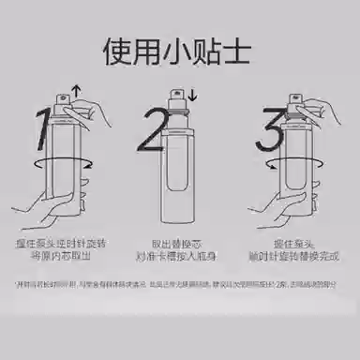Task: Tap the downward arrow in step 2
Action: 191,95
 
